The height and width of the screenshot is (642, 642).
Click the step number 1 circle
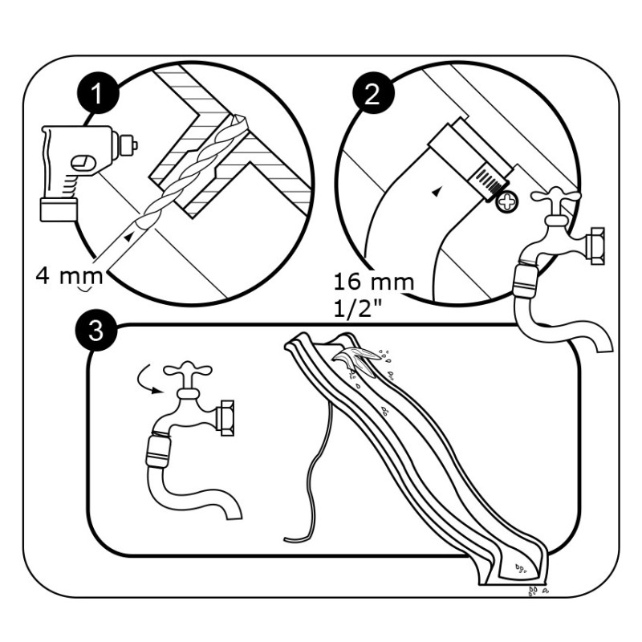click(98, 95)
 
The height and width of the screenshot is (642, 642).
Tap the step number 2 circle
click(372, 95)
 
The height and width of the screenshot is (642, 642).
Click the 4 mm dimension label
click(65, 277)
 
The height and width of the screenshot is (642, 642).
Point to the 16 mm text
click(374, 282)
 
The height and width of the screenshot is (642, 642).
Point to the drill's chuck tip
click(132, 145)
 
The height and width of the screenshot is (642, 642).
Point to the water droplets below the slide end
click(535, 591)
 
